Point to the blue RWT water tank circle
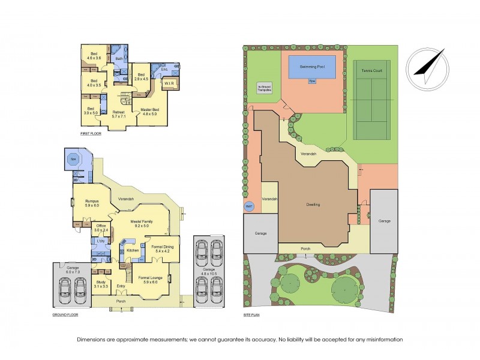coord(249,206)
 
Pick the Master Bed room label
coord(149,111)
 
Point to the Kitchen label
coord(133,250)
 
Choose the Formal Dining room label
coord(163,248)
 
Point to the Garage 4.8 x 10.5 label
coord(208,271)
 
